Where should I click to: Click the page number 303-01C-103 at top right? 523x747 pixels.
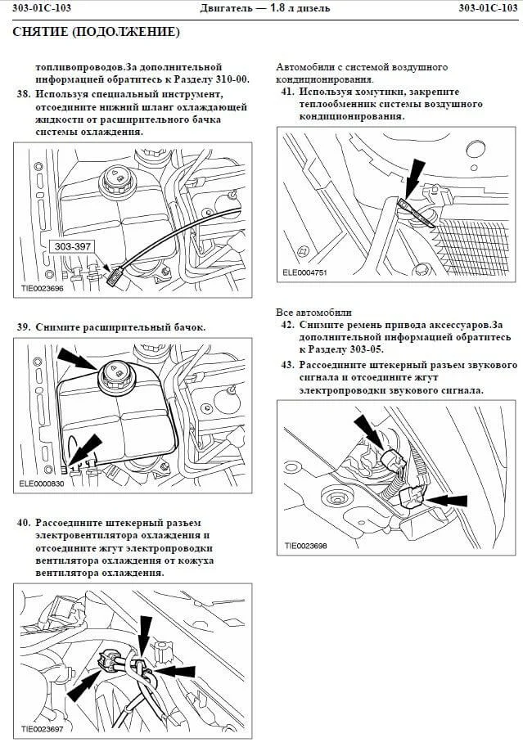[x=489, y=8]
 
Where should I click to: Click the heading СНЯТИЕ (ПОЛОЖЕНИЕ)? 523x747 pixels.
[x=96, y=33]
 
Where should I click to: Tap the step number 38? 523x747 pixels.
[x=23, y=94]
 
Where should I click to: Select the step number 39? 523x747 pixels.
[x=23, y=326]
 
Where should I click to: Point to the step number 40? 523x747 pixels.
[x=23, y=523]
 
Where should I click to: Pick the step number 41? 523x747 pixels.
[x=286, y=92]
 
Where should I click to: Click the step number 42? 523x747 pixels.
[x=286, y=325]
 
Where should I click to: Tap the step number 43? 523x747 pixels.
[x=286, y=365]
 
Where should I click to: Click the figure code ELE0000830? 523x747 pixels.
[x=41, y=484]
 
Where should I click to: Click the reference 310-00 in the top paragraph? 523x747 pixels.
[x=230, y=80]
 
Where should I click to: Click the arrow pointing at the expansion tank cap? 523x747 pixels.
[x=78, y=358]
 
